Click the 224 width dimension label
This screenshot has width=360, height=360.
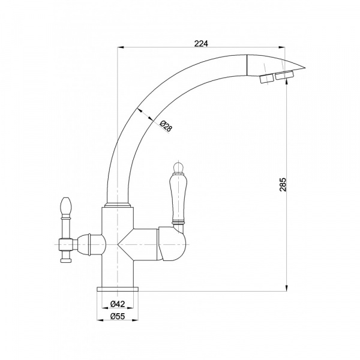(x=201, y=43)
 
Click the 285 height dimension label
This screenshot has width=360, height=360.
(x=283, y=184)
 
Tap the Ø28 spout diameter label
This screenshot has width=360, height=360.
(x=166, y=126)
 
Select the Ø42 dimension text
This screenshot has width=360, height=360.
(x=118, y=304)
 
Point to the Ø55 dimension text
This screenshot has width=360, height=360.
(x=118, y=316)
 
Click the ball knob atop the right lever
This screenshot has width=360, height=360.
(x=178, y=167)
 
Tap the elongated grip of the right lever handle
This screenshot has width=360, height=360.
(x=178, y=198)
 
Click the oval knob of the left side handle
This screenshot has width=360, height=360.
(x=65, y=205)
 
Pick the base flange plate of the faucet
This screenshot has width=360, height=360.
(x=118, y=289)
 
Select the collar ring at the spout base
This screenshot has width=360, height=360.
(x=118, y=205)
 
